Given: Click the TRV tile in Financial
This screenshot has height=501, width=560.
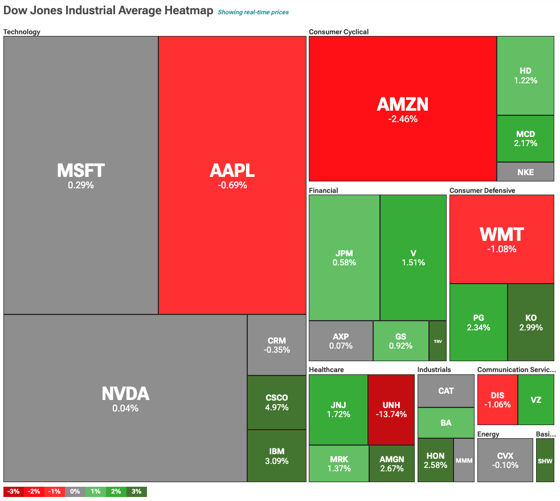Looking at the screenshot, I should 438,341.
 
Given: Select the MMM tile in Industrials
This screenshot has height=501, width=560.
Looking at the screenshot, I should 464,460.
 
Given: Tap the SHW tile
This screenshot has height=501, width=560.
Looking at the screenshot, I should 545,460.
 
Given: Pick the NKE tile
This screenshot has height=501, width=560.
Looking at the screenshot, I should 525,172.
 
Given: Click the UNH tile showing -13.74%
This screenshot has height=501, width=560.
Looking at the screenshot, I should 390,409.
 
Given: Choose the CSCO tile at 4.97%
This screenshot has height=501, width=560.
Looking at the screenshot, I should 277,402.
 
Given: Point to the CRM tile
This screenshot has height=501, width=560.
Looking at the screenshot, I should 277,345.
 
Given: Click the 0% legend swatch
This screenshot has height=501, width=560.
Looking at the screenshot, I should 75,491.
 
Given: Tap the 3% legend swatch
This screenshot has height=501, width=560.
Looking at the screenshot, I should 137,491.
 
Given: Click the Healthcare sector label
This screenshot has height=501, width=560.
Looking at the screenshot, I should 326,370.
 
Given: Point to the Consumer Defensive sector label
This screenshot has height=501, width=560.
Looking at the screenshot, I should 482,191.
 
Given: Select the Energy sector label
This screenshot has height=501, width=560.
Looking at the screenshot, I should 488,434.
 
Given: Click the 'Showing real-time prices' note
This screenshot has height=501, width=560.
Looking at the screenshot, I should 253,12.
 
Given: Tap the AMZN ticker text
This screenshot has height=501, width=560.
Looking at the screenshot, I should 402,104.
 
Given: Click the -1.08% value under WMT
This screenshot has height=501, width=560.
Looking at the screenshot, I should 501,249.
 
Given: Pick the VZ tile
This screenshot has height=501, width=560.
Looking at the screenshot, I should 536,399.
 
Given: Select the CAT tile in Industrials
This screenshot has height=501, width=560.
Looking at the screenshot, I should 446,391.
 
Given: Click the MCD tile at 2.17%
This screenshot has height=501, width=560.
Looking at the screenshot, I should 525,139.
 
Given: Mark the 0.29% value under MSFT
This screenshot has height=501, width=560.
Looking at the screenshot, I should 81,185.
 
